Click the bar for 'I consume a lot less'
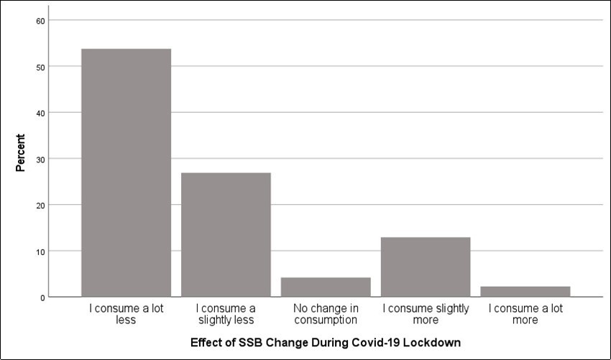[x=126, y=172]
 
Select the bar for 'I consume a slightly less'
[x=226, y=234]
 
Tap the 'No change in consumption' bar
[x=326, y=287]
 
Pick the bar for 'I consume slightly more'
[x=426, y=267]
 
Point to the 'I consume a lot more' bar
[x=525, y=291]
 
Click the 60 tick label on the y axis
[x=40, y=21]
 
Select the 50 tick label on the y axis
[x=40, y=67]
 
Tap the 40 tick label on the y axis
[x=40, y=113]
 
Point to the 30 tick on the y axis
[x=40, y=159]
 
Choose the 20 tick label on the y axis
[x=40, y=205]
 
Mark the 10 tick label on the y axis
[x=40, y=251]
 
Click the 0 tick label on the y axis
[x=42, y=297]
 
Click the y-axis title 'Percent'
[x=21, y=152]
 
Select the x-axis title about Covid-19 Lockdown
[x=326, y=342]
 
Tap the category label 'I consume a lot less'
[x=126, y=314]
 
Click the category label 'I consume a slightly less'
[x=226, y=314]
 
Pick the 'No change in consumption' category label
[x=326, y=314]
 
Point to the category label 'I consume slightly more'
[x=426, y=314]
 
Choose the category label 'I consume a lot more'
[x=525, y=314]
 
